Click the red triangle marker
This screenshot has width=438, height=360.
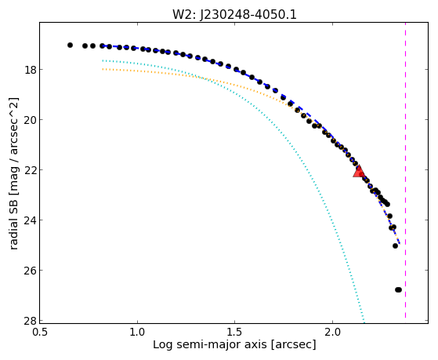click(x=358, y=172)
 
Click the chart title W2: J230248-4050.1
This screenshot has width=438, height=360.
click(x=234, y=15)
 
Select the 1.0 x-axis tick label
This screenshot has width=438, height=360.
click(x=137, y=332)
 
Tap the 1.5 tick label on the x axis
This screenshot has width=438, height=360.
click(x=235, y=332)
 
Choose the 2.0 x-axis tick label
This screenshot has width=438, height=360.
click(x=332, y=332)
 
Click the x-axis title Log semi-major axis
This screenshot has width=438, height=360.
click(x=209, y=345)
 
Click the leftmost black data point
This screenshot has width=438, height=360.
click(x=70, y=45)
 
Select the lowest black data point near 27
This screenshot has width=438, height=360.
click(x=398, y=289)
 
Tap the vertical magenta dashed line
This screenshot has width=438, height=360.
click(x=405, y=171)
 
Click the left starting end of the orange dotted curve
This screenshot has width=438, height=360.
click(x=103, y=69)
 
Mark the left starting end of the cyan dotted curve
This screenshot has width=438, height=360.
click(x=103, y=60)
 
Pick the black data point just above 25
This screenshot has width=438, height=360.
click(x=395, y=245)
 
